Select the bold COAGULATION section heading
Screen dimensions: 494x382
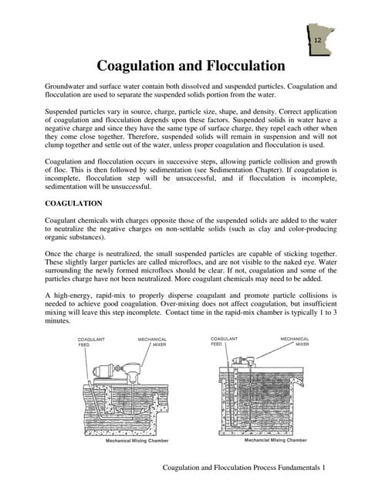pos(74,203)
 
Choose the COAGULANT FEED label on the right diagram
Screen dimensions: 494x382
pos(224,341)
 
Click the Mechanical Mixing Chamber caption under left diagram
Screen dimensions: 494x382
pos(137,442)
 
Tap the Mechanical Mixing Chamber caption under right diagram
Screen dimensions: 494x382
pos(275,440)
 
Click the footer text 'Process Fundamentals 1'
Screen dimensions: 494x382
pos(286,469)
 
